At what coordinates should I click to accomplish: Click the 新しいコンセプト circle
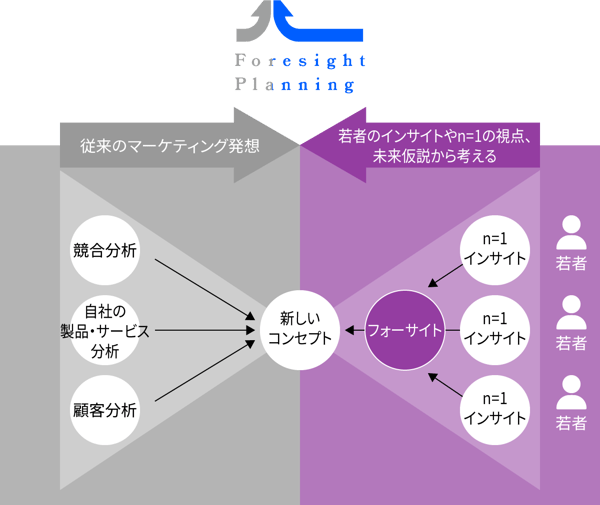point(299,329)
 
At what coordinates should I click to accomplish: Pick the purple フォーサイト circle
point(405,329)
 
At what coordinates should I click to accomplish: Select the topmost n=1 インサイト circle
point(495,249)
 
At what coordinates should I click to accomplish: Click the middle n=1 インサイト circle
point(495,329)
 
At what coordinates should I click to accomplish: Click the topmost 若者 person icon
point(571,233)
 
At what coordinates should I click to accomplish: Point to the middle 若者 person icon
point(571,312)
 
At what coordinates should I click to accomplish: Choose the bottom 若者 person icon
point(571,391)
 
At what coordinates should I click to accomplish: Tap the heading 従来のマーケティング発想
point(169,146)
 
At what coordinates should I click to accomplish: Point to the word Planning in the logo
point(295,86)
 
